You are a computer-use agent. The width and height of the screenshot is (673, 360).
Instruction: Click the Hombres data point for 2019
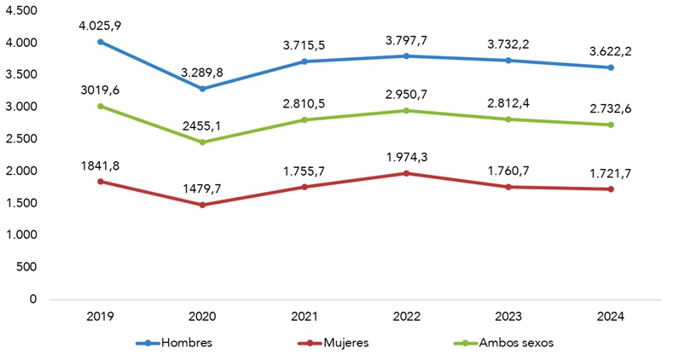click(x=101, y=41)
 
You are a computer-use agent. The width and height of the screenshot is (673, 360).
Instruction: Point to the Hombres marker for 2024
click(x=609, y=67)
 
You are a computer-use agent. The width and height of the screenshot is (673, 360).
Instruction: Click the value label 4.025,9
click(x=101, y=26)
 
